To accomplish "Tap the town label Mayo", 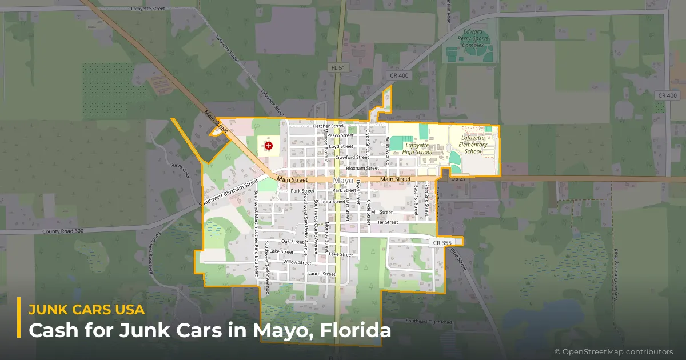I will pos(343,181).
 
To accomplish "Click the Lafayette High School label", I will pos(417,149).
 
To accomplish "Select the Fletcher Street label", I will pos(328,126).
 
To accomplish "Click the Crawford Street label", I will pos(352,157).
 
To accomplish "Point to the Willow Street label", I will pos(297,262).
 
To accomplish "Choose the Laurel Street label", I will pos(321,274).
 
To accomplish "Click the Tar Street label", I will pos(388,222).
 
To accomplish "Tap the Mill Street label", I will pos(382,212).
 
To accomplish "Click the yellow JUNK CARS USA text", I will pos(86,310).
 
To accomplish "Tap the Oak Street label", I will pos(293,242).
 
